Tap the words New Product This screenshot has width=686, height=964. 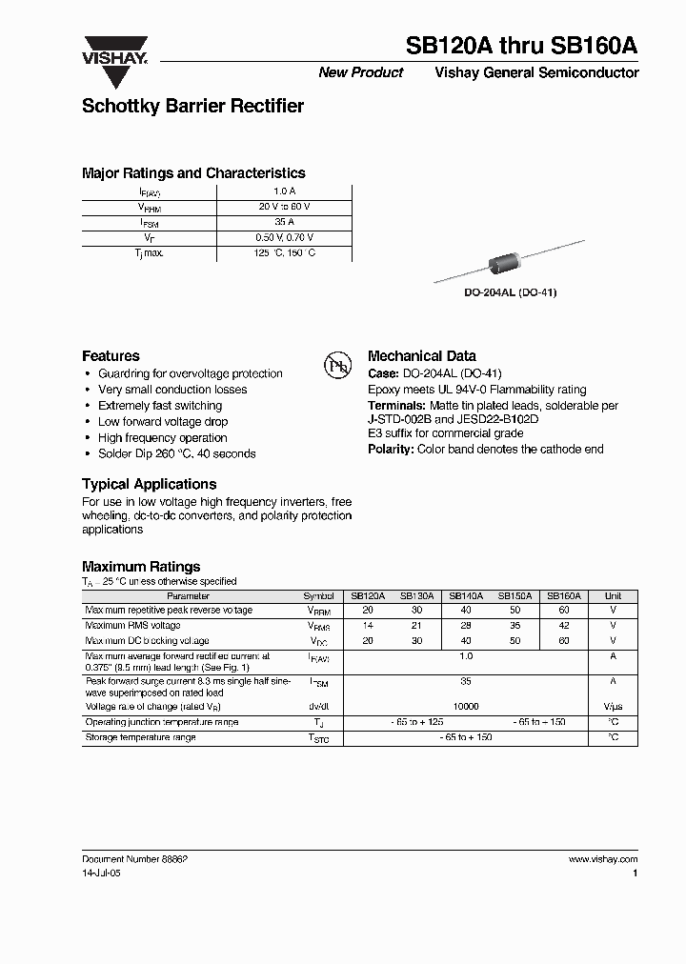pos(360,72)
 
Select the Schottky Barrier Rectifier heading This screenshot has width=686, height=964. pos(192,107)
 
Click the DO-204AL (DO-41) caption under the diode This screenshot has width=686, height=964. pos(510,292)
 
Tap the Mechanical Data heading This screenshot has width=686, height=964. pos(421,356)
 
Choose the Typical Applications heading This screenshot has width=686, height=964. pos(149,484)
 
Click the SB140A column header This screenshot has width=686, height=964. pos(466,595)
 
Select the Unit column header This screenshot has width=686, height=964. pos(613,595)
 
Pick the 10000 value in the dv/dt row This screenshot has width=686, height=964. pos(466,707)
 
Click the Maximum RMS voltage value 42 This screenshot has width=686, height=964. pos(564,626)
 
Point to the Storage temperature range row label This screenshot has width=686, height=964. pos(140,738)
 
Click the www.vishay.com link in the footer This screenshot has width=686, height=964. pos(602,859)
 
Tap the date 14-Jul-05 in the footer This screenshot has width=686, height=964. pos(102,872)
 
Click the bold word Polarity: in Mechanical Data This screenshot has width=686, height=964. pos(391,449)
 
